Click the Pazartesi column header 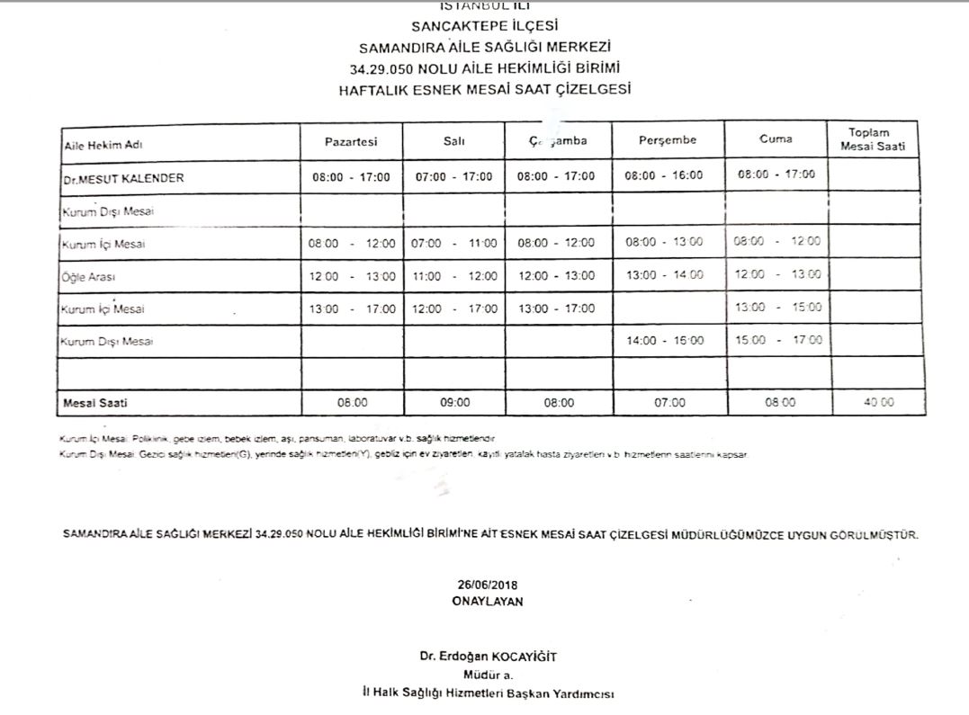click(x=351, y=141)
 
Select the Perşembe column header click(x=667, y=140)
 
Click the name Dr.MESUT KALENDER click(x=123, y=178)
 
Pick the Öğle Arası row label click(x=89, y=277)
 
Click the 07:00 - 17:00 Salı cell click(x=454, y=177)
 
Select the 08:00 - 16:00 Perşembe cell click(x=664, y=176)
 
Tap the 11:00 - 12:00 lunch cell click(x=454, y=276)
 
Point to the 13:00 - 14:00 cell click(x=664, y=275)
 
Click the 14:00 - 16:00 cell click(x=664, y=342)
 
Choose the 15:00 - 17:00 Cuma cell click(x=777, y=341)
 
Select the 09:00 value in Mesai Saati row click(x=454, y=403)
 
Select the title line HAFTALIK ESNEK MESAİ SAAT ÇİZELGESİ click(x=485, y=89)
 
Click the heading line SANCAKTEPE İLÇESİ click(x=485, y=27)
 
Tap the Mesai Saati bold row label click(x=89, y=403)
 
